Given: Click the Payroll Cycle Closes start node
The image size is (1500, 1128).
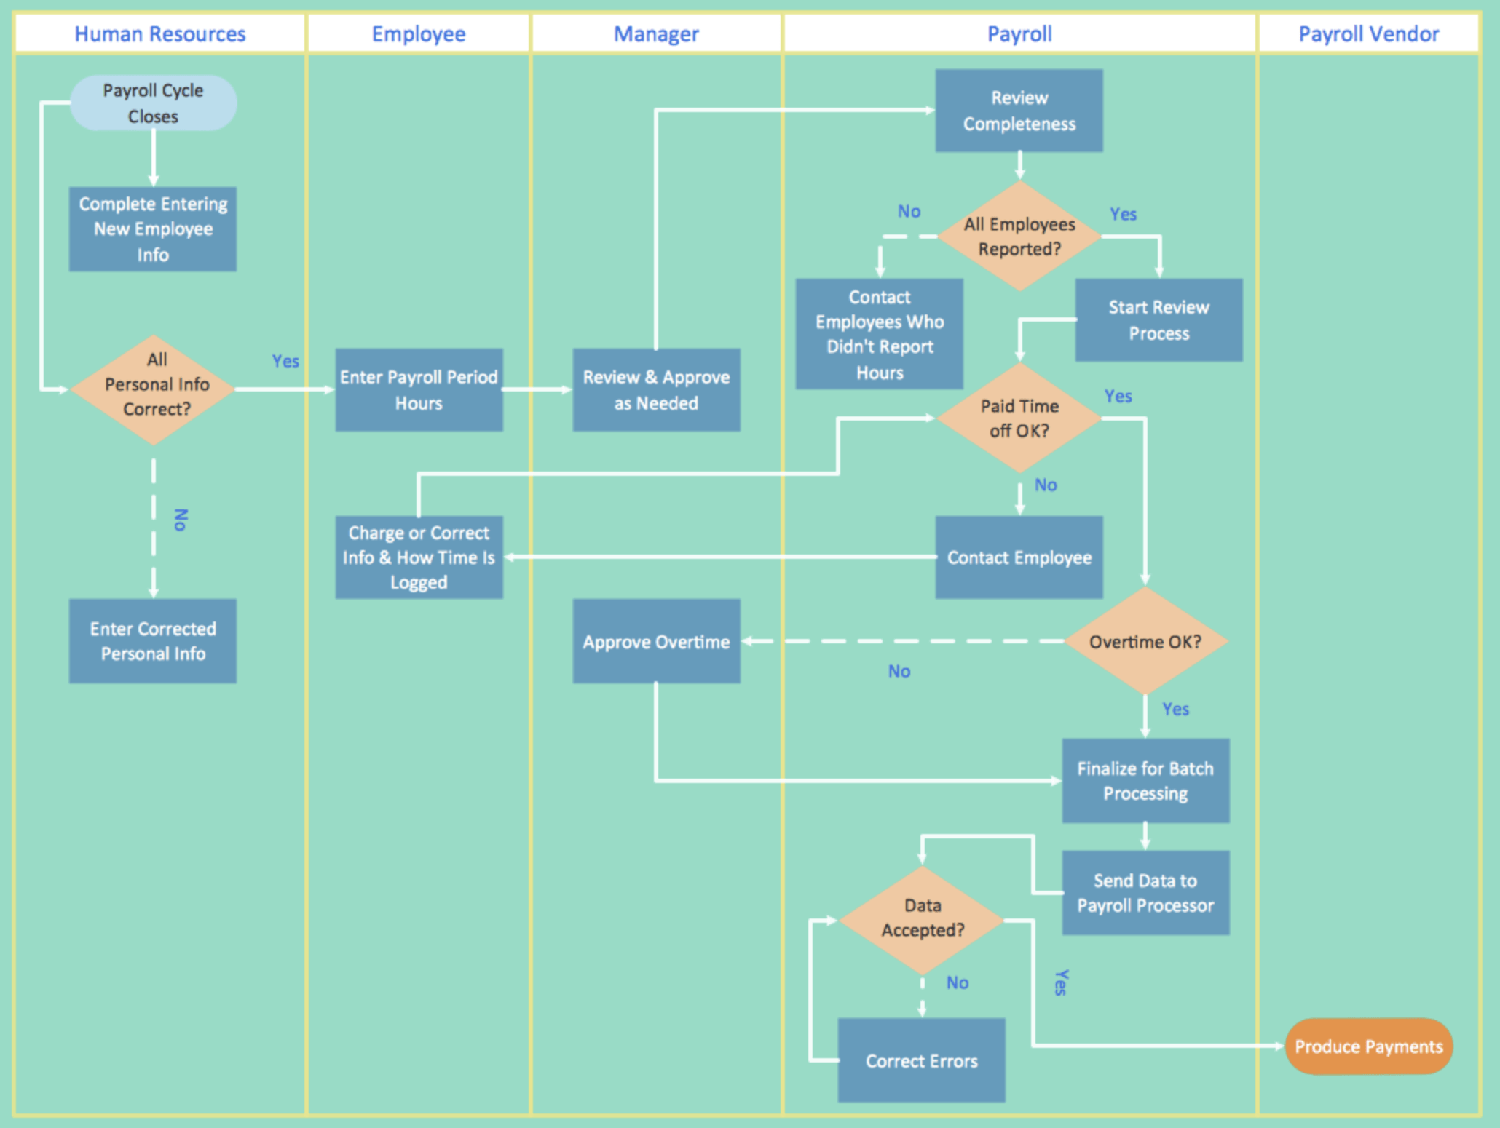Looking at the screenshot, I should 153,103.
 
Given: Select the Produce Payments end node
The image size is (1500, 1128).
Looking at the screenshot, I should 1368,1046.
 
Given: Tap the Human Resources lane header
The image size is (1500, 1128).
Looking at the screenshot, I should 160,34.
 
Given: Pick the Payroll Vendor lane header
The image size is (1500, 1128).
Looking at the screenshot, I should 1368,34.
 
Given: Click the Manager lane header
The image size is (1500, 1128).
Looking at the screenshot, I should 656,34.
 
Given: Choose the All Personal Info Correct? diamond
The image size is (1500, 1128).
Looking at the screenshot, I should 153,389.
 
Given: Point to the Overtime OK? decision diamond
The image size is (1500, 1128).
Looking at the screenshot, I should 1145,641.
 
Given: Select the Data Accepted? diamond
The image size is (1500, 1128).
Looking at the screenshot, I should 922,920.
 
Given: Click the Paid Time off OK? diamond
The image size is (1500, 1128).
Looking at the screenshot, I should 1019,418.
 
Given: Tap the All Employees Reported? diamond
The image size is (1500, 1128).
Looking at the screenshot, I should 1019,237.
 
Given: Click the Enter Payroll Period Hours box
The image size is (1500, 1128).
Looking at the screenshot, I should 419,390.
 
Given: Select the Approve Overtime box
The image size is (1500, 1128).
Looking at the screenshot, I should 656,641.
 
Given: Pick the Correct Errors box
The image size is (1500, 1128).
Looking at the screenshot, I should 921,1060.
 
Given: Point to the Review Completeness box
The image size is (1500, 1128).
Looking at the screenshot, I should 1019,111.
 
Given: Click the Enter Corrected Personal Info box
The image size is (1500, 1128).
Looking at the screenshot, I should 153,641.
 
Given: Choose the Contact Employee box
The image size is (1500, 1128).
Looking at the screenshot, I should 1019,557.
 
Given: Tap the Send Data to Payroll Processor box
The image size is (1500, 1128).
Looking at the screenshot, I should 1145,893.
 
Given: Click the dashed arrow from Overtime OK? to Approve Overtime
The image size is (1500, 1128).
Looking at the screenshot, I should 903,641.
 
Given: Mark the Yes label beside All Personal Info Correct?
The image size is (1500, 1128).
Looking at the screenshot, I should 285,361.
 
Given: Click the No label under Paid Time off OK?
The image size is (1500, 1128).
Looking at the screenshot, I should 1046,485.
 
